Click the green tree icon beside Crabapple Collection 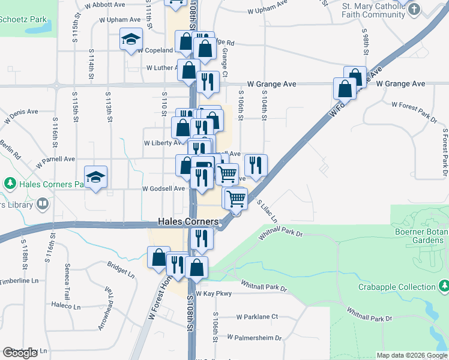(444, 284)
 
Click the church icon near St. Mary (415, 9)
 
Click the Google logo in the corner (20, 353)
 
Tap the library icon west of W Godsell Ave (42, 203)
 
